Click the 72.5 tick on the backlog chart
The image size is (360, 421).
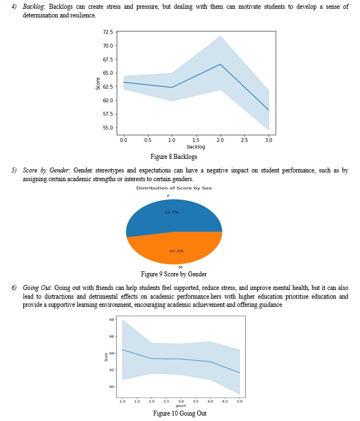(108, 32)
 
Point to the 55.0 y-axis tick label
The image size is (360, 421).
(108, 127)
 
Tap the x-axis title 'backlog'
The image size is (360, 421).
(196, 147)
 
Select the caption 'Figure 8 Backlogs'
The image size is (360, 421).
(173, 157)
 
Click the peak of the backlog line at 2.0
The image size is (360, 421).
(220, 64)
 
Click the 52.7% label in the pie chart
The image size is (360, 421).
(171, 212)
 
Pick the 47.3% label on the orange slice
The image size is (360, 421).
(176, 251)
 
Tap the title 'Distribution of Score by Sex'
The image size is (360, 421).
(174, 188)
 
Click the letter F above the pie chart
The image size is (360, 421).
(169, 196)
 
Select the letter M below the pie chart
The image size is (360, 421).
(181, 267)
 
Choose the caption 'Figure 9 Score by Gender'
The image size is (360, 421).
(173, 274)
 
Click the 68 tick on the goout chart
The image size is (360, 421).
(111, 319)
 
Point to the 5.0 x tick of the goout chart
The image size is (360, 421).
(239, 401)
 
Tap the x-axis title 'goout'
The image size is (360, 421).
(181, 406)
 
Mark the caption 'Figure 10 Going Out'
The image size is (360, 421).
(179, 413)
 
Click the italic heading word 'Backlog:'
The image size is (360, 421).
(34, 7)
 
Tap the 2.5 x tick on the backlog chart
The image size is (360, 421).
(244, 140)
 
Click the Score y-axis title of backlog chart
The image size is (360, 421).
(98, 84)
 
